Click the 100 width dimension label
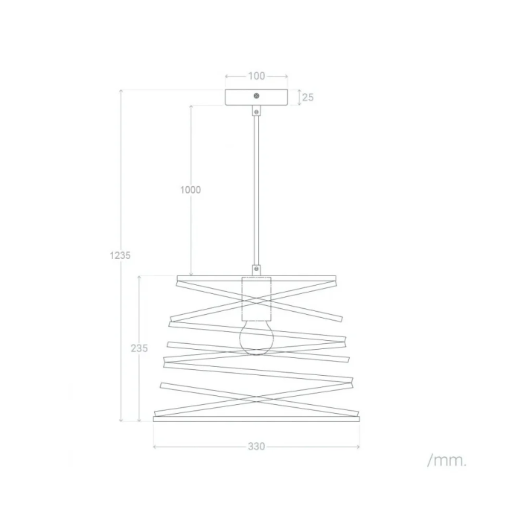(257, 76)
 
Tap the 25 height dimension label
(307, 98)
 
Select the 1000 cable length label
(191, 190)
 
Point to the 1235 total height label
(121, 255)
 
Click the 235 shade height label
(139, 348)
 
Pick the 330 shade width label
(257, 447)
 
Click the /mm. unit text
(447, 461)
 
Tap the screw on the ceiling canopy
(256, 96)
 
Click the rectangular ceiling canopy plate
(256, 98)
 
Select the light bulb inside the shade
(256, 337)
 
